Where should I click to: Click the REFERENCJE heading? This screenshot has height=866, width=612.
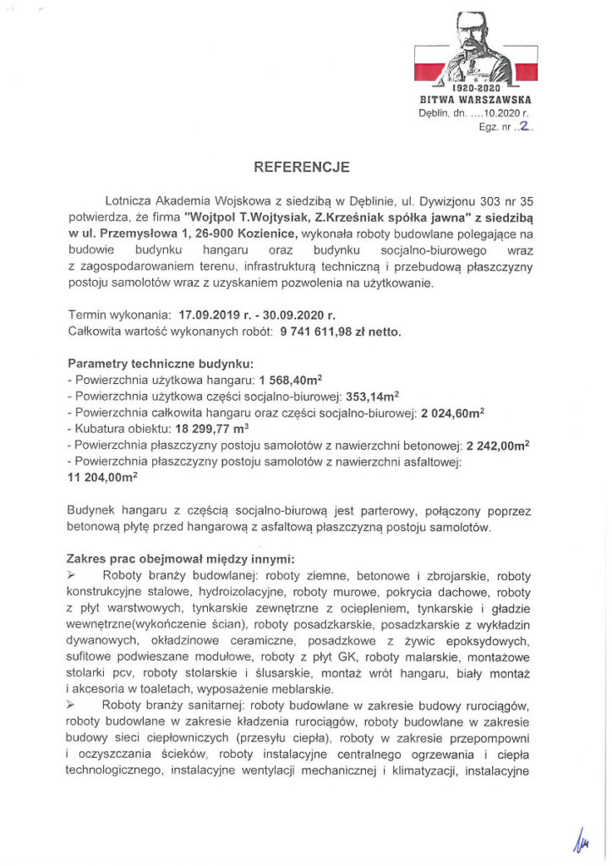coord(302,167)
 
